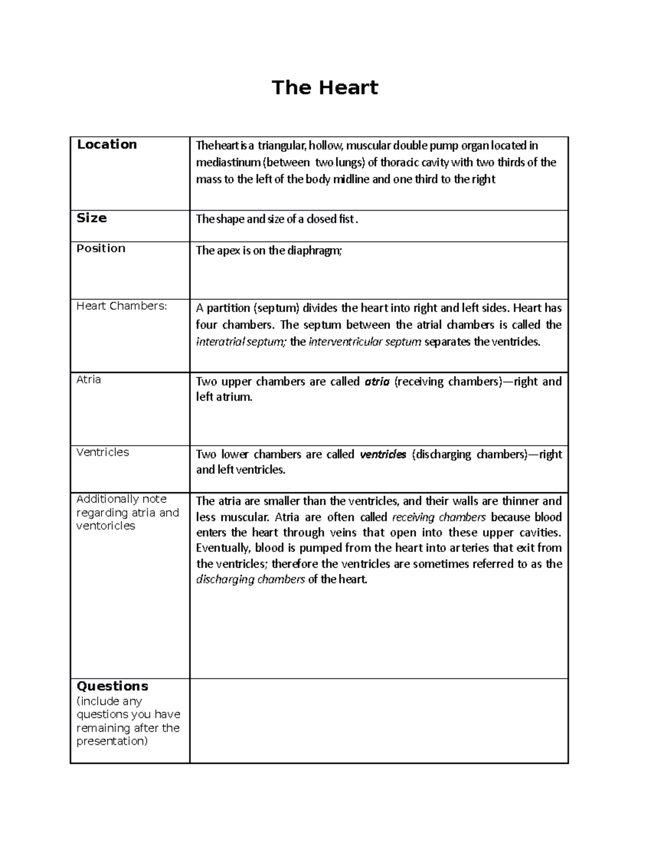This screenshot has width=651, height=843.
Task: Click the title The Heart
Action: pos(324,87)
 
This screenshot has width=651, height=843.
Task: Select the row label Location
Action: pos(107,144)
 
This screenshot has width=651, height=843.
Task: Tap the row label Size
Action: pos(92,218)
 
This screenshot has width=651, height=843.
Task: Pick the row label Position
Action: pos(101,249)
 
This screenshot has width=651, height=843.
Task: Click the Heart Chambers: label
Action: pos(122,306)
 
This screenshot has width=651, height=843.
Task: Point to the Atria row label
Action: pos(88,379)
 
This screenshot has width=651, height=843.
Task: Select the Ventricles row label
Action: pos(103,452)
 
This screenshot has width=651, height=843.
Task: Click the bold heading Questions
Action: pos(112,686)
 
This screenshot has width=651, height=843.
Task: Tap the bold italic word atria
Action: pos(377,382)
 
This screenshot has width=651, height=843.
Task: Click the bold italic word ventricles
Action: pos(383,455)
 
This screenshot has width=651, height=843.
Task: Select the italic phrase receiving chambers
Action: pos(438,517)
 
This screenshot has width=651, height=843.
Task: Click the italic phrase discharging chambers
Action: pos(250,580)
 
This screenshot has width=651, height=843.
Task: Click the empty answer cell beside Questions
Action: pos(379,720)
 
